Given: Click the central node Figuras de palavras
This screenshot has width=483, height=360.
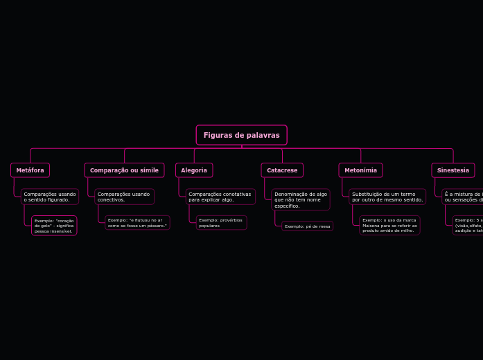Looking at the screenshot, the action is (241, 135).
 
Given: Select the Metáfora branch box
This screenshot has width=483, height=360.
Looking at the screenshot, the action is (30, 170).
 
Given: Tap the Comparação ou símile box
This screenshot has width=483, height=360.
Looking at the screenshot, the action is (124, 170).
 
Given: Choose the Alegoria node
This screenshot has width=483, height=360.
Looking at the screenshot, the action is (194, 170).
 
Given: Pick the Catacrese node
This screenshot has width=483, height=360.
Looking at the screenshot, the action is (282, 170).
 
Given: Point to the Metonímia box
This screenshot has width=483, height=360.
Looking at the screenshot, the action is (360, 170).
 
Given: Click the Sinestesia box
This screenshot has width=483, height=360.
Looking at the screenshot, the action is (453, 170).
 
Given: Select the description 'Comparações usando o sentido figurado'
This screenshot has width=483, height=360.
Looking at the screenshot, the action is (50, 197).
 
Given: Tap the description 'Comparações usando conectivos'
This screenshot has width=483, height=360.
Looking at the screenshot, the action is (124, 197).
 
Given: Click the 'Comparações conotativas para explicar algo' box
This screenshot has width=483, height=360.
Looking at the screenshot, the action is (220, 197).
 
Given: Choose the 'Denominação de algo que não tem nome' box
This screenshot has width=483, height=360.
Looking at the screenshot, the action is (301, 199).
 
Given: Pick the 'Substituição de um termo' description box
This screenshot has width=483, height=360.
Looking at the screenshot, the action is (387, 197).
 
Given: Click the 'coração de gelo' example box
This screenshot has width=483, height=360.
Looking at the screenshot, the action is (54, 226).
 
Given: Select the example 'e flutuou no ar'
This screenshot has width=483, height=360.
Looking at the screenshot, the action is (137, 222).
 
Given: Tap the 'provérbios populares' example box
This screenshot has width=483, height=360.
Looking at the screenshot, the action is (221, 222).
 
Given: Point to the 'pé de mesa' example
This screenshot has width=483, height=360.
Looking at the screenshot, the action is (307, 226).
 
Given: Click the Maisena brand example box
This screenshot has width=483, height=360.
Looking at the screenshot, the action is (389, 225).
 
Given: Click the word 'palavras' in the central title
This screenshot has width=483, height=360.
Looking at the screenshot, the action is (263, 135).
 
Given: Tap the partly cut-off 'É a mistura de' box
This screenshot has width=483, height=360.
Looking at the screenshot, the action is (463, 197).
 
